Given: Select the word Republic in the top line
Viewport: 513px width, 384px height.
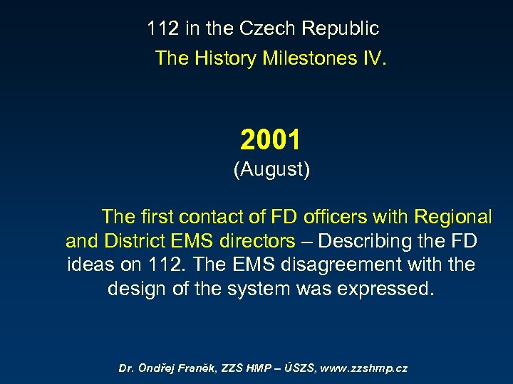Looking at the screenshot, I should [341, 29].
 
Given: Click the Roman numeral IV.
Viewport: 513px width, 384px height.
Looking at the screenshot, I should [373, 58].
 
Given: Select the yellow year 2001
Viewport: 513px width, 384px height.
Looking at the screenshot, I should [271, 140].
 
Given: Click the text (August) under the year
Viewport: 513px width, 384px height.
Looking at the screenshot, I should [271, 171].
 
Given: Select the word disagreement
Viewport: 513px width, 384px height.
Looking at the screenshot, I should [348, 265].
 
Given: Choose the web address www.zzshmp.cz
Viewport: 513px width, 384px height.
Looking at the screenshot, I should [365, 368].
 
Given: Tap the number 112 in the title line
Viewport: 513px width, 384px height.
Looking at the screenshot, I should [163, 29].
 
